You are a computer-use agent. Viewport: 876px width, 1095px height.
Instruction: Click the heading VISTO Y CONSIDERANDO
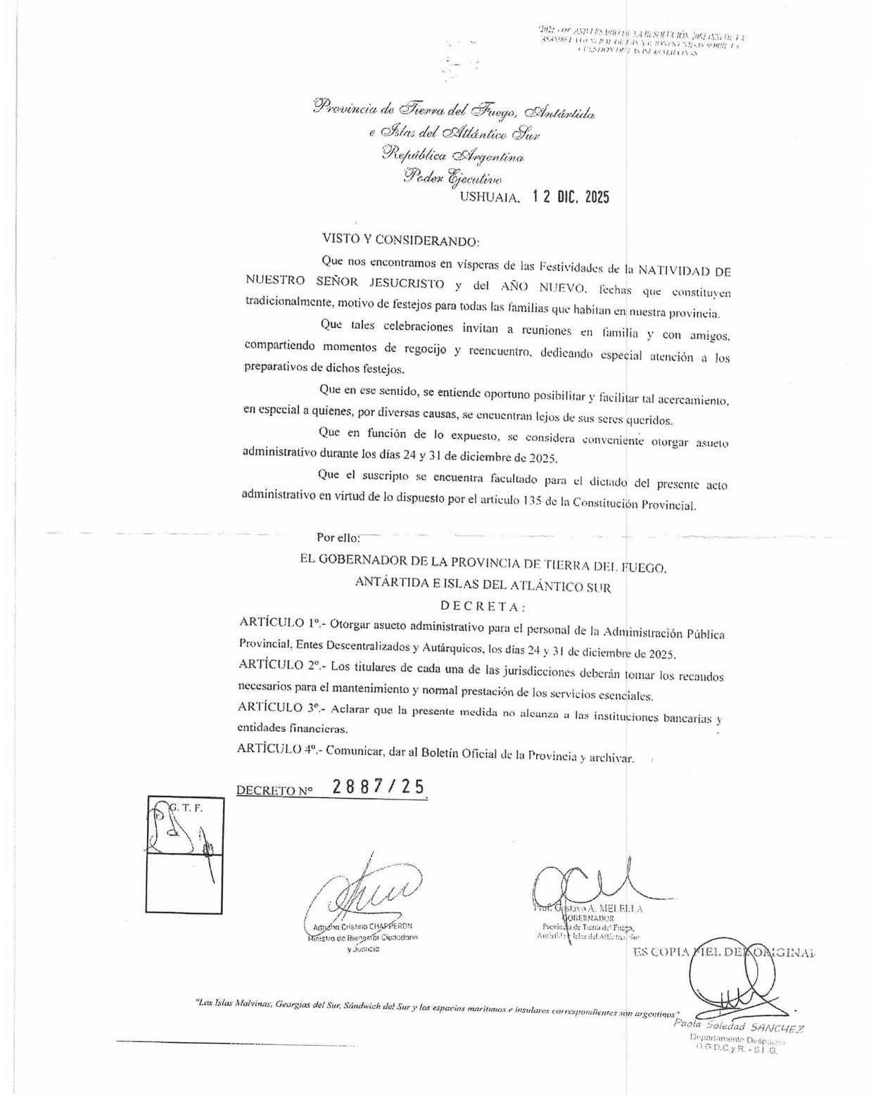pyautogui.click(x=400, y=240)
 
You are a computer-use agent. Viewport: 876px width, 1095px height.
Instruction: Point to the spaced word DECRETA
pyautogui.click(x=482, y=606)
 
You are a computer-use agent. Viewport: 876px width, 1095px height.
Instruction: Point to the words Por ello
pyautogui.click(x=338, y=538)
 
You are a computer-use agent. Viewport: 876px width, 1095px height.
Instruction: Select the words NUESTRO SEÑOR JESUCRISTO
pyautogui.click(x=345, y=284)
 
